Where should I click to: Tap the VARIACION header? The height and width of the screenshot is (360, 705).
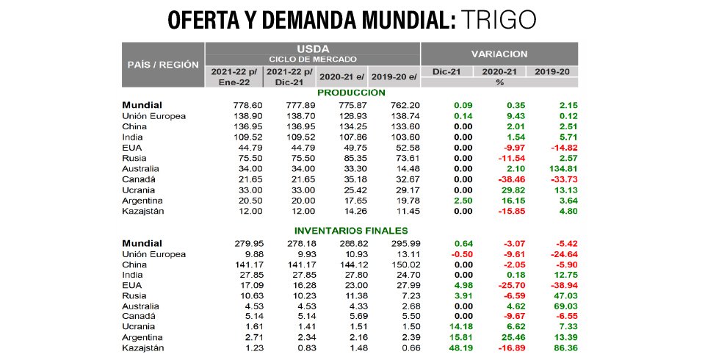pyautogui.click(x=499, y=54)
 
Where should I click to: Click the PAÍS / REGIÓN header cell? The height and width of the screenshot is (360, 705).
pyautogui.click(x=163, y=65)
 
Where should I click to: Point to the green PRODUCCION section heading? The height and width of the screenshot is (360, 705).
pyautogui.click(x=351, y=93)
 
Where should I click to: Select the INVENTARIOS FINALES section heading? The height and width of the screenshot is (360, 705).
pyautogui.click(x=351, y=231)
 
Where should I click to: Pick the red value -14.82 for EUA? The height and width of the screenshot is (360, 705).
pyautogui.click(x=560, y=148)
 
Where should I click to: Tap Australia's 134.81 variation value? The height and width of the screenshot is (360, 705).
pyautogui.click(x=560, y=169)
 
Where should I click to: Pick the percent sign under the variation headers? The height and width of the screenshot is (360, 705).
pyautogui.click(x=499, y=82)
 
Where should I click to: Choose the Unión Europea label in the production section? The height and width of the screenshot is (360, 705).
pyautogui.click(x=153, y=116)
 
